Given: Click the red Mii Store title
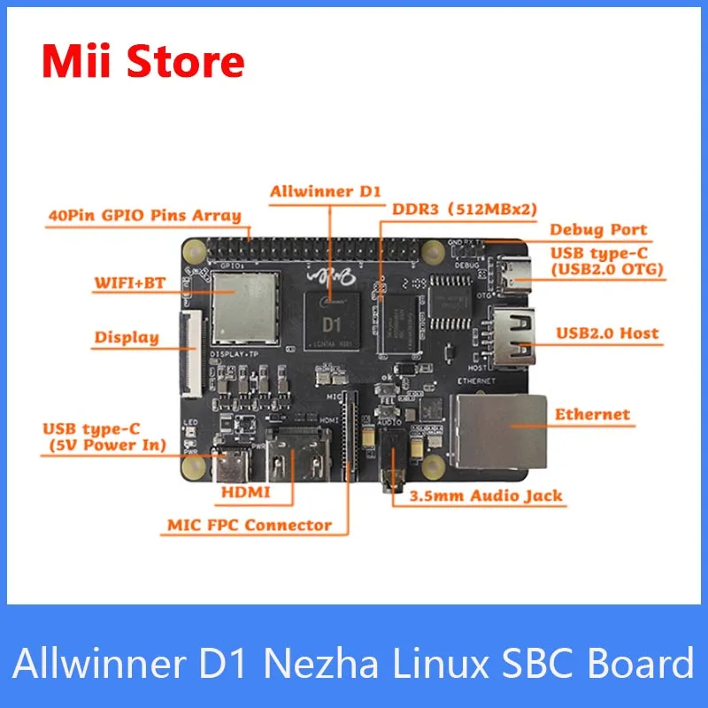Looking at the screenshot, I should (142, 62).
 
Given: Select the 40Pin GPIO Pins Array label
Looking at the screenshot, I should (145, 215).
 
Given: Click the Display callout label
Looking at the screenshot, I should (127, 337).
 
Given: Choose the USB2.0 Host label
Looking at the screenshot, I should (607, 334).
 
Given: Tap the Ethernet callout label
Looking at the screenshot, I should (591, 414).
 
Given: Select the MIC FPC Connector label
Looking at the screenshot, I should (250, 525).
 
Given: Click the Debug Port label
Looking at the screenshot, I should (598, 230).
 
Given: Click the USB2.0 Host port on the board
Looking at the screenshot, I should (513, 337).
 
